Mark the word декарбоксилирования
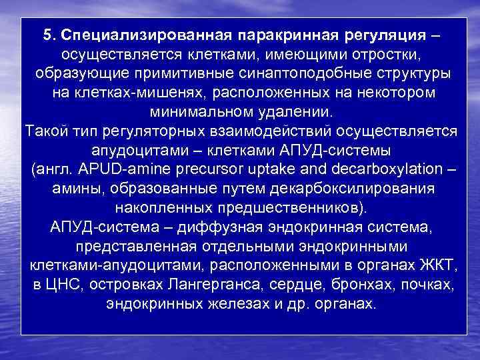click(x=357, y=188)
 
